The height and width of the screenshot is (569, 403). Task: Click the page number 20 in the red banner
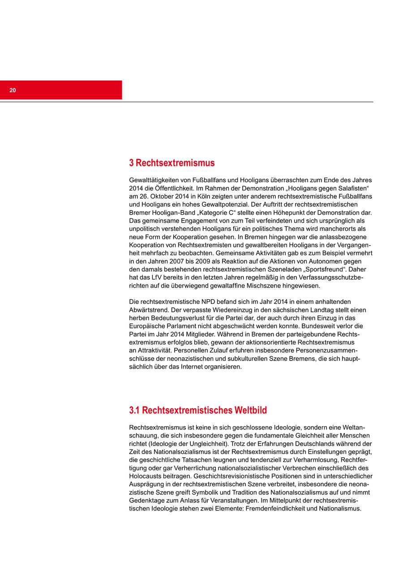point(13,90)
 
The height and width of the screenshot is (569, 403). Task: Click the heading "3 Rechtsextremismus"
point(171,163)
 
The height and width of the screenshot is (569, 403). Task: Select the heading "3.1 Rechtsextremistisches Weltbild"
point(198,410)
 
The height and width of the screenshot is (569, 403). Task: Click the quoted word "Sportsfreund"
point(325,269)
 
